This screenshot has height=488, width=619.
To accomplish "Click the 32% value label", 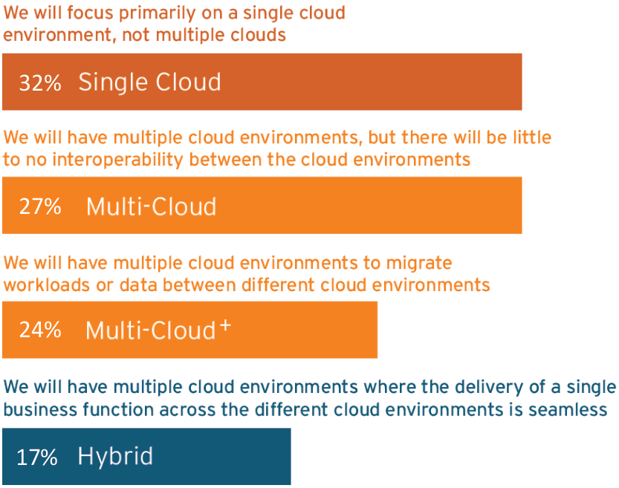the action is click(x=40, y=83).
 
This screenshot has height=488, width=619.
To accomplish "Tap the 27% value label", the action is click(x=40, y=206).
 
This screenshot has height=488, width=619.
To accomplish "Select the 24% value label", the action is click(x=40, y=330).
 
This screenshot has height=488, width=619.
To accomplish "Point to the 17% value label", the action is click(x=37, y=458).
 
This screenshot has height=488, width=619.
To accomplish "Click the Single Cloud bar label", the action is click(x=149, y=83).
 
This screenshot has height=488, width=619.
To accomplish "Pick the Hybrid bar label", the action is click(x=115, y=456).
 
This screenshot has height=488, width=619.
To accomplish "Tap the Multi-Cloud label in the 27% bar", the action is click(x=151, y=206).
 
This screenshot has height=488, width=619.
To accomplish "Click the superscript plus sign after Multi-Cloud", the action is click(x=225, y=325).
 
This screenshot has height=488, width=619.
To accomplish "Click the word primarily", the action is click(x=158, y=14).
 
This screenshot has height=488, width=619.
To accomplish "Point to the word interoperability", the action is click(x=117, y=160).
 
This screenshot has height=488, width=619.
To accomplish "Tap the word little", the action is click(x=532, y=137).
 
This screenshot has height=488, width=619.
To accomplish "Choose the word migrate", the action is click(x=419, y=264).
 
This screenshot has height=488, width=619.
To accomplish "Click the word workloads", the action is click(x=47, y=284).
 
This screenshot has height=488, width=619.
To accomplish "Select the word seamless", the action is click(x=568, y=410).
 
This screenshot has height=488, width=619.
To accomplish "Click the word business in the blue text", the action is click(x=40, y=409).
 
